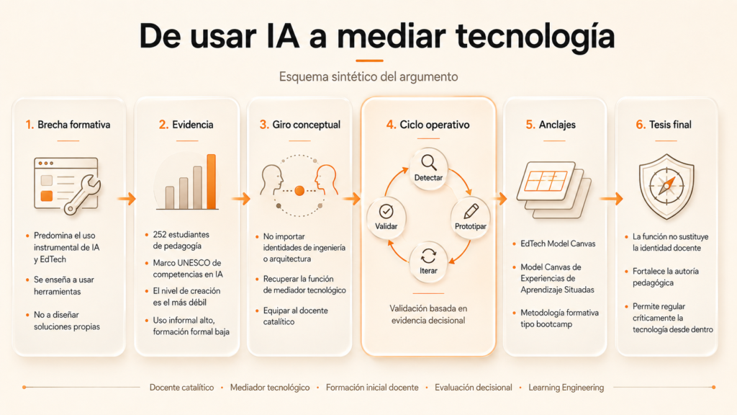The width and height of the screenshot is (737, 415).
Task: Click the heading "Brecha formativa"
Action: point(74,125)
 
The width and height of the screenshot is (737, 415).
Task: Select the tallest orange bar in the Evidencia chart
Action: point(211,182)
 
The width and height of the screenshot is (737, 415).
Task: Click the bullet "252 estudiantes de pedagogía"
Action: point(181,240)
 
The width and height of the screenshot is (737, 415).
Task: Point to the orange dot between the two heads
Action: point(299,190)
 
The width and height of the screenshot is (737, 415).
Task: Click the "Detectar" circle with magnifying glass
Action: point(428,169)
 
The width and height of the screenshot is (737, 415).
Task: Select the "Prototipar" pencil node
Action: point(471,218)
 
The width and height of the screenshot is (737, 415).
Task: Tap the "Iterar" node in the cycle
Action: point(428,262)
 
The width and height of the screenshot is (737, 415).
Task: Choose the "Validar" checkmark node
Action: point(386,218)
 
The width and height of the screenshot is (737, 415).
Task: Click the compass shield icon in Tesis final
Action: point(666,187)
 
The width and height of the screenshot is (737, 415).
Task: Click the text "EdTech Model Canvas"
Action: point(558,244)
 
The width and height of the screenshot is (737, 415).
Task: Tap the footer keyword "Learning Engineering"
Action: point(566,387)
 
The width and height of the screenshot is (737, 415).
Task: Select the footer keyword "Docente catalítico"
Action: point(181,387)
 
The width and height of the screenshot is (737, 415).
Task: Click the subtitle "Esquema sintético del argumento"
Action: point(368,76)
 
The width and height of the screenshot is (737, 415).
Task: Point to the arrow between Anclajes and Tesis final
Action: point(611,199)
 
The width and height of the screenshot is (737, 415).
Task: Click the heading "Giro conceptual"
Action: point(307,125)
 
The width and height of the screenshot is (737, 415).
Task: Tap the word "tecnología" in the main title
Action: point(535,36)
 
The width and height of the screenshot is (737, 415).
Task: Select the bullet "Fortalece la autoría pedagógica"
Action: point(666,277)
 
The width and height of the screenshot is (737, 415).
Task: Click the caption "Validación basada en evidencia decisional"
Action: point(428,314)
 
